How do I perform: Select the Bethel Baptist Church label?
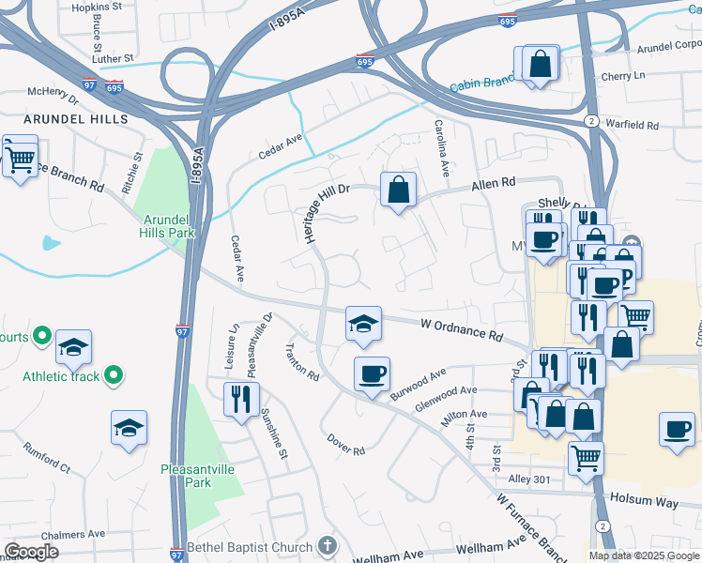pos(250,547)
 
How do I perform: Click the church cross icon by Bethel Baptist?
pos(327,545)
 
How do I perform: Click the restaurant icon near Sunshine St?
pos(241,399)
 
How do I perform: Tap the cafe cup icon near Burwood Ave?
pos(372,374)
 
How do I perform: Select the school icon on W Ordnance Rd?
pos(363,324)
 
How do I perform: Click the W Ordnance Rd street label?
pos(462,329)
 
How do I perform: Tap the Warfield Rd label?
pos(633,125)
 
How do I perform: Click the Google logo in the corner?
pos(31,552)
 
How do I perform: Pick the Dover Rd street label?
pos(345,444)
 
